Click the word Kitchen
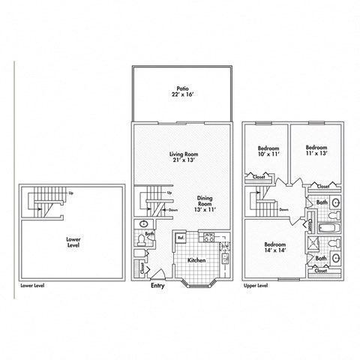pos(196,259)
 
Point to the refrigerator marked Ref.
pos(180,238)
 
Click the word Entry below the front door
pos(157,286)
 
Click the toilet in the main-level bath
pos(143,224)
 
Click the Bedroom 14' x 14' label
pos(274,248)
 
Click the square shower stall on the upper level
pos(313,245)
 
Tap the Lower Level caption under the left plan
pos(33,286)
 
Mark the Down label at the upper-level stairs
pos(283,210)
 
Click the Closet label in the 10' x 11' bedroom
pos(259,177)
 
